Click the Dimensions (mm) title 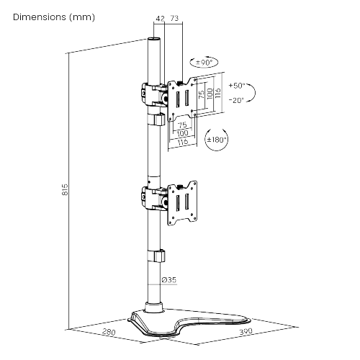click(53, 17)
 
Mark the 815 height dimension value click(64, 190)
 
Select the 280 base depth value click(109, 333)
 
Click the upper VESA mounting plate click(182, 96)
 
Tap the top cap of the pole click(153, 40)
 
